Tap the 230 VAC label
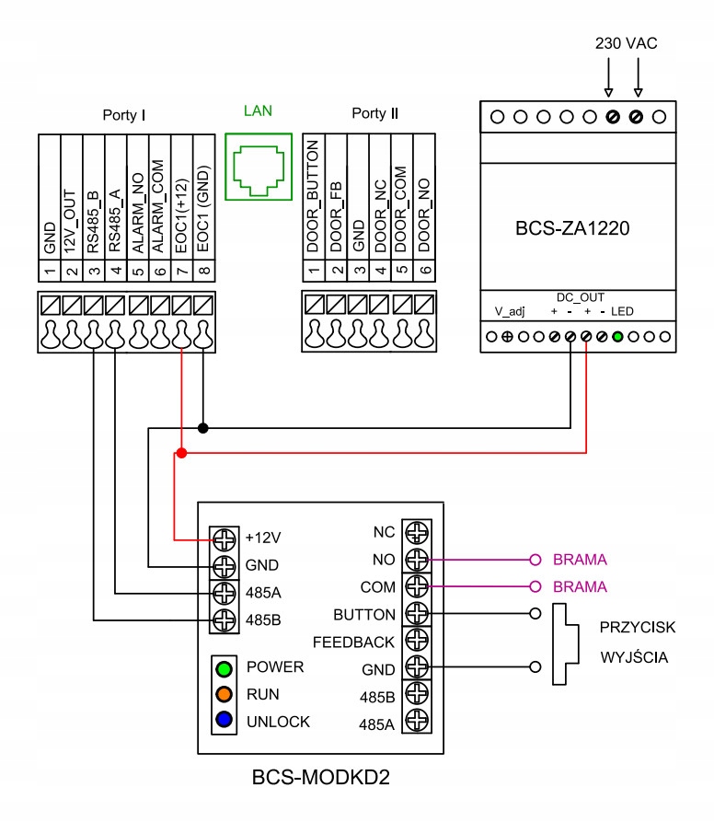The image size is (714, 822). click(626, 43)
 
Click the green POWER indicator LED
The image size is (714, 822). click(224, 666)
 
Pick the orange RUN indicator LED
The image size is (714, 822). click(224, 694)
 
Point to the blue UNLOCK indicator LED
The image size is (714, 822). click(224, 722)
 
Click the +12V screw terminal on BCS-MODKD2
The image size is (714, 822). click(223, 538)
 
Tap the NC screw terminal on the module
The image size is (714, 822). click(417, 531)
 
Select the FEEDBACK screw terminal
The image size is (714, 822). click(417, 641)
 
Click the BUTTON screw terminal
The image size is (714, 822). click(417, 613)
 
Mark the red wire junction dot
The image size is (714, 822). click(181, 454)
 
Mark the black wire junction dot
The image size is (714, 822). click(203, 428)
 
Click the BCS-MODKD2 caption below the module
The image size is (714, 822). click(321, 779)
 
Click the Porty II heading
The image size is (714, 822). click(374, 113)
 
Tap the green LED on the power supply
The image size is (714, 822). click(617, 337)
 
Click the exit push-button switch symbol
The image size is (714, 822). click(563, 644)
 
